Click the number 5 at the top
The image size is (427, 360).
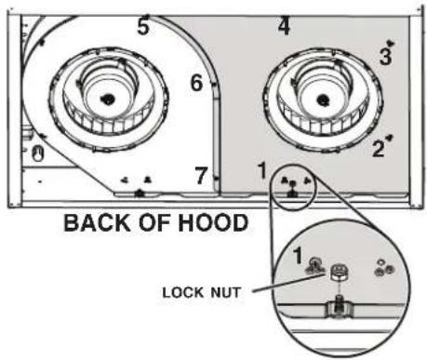pos(143,25)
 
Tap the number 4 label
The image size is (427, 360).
pos(284,26)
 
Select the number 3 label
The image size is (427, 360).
pos(385,57)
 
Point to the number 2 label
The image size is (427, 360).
pos(379,148)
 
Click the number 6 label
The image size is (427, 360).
pos(197,83)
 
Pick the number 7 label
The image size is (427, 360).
pos(201,175)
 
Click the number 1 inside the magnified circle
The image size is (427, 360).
pos(298,256)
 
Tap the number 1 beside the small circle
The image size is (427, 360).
pos(262,170)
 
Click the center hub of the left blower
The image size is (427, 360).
pos(108,99)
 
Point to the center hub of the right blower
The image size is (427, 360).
pos(323,100)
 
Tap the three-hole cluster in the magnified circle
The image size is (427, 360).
pos(384,268)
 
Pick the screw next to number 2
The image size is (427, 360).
pos(390,138)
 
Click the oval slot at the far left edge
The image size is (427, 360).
pos(38,154)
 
